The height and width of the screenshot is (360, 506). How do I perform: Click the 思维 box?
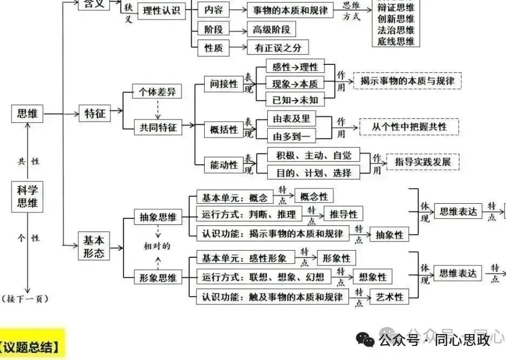[x=27, y=114]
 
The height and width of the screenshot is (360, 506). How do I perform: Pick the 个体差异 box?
[x=157, y=92]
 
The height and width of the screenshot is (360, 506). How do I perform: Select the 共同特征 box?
[x=157, y=127]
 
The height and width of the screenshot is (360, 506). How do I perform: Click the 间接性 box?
[x=224, y=83]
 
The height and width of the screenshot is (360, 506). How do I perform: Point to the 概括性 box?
[x=224, y=129]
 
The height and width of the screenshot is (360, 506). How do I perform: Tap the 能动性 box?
[x=224, y=165]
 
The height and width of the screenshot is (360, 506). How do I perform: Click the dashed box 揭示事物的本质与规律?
[x=407, y=81]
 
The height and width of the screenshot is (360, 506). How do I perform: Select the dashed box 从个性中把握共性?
[x=409, y=126]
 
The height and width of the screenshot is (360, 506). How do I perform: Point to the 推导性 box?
[x=343, y=214]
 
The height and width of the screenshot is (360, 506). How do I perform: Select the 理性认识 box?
[x=161, y=10]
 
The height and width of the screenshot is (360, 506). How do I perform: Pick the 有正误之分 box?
[x=277, y=48]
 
